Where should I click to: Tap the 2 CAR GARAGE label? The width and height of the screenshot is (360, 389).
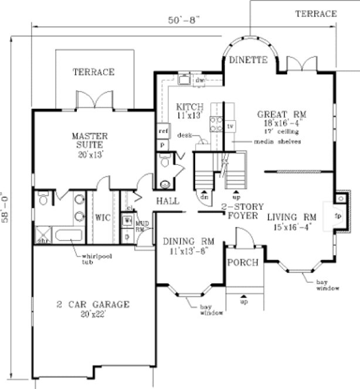93,305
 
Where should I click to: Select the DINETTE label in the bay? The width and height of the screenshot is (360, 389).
248,60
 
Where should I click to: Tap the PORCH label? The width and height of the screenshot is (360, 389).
243,262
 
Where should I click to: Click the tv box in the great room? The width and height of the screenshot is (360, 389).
230,126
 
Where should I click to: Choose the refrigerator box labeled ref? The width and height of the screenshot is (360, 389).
163,131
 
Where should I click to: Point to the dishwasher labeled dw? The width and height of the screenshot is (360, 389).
199,80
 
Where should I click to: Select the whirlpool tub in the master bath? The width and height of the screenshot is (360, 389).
69,237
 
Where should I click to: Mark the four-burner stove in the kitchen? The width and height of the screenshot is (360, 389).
216,124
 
